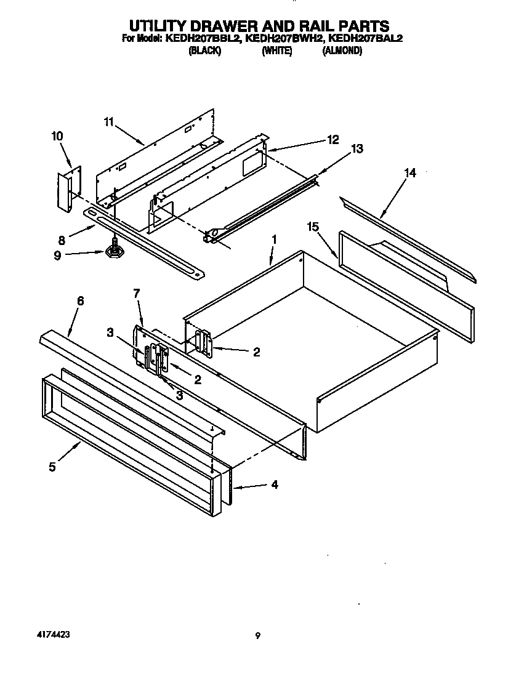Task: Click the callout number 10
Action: (57, 136)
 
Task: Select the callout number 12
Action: (332, 140)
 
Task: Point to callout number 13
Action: (357, 149)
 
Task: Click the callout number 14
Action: (409, 173)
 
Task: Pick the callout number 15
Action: (313, 227)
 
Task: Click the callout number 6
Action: (80, 300)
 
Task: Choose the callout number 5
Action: (52, 467)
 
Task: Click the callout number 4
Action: (274, 485)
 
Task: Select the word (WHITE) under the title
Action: (276, 52)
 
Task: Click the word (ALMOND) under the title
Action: (342, 52)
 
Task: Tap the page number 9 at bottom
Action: (258, 636)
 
